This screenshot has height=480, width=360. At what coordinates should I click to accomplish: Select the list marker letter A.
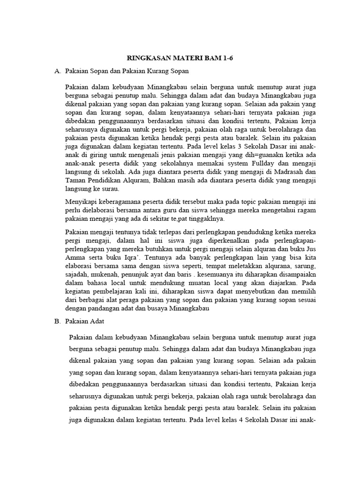tap(58, 71)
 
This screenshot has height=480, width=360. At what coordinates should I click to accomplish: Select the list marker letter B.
tap(58, 321)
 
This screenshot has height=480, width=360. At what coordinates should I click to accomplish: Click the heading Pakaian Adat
tap(84, 321)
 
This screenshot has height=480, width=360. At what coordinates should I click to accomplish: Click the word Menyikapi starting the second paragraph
tap(82, 202)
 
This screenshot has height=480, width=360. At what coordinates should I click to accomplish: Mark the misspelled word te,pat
tap(181, 218)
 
